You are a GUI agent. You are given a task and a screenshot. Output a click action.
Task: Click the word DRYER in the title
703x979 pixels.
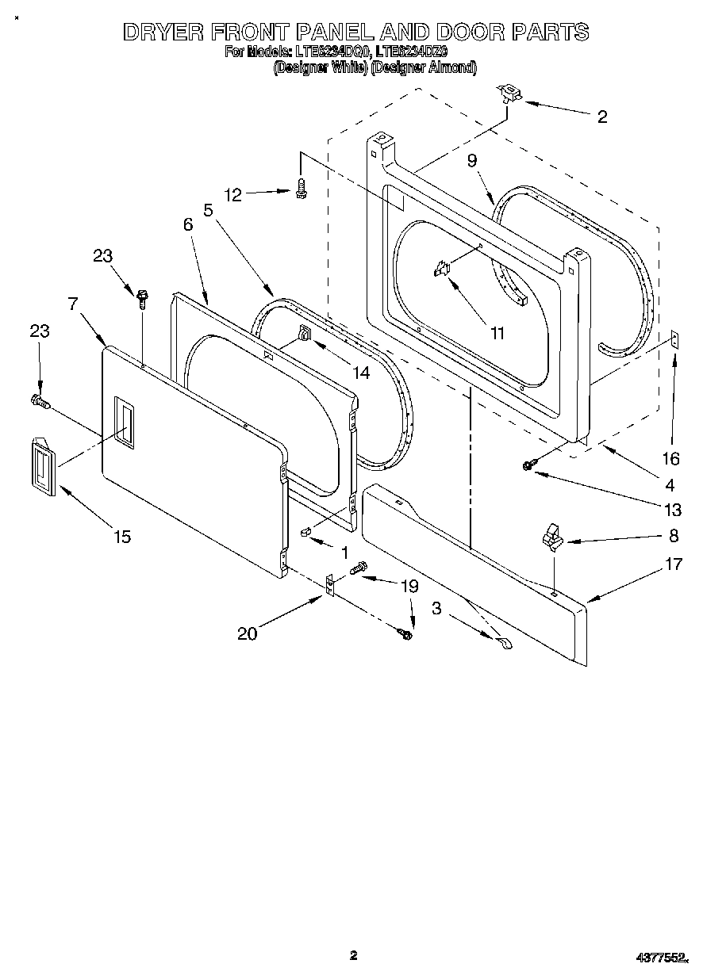162,32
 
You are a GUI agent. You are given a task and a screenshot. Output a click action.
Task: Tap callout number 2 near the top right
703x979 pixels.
601,117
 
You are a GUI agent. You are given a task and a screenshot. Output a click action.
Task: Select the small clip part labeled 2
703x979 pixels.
507,94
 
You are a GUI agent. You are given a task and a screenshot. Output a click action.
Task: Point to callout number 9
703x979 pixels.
472,161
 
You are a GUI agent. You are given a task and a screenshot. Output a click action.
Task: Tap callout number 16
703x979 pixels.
671,458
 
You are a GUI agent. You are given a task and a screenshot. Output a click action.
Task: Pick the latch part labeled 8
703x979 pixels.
551,538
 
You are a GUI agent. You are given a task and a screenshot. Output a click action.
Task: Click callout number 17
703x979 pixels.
673,564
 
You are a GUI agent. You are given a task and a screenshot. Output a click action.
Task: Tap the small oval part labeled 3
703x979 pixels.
504,644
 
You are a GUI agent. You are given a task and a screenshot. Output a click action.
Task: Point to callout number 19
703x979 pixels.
409,587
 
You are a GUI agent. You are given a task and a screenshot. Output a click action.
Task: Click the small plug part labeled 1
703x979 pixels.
305,532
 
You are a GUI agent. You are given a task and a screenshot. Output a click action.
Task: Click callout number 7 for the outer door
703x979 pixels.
72,303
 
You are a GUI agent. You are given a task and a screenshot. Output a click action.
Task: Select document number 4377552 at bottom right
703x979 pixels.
662,958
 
